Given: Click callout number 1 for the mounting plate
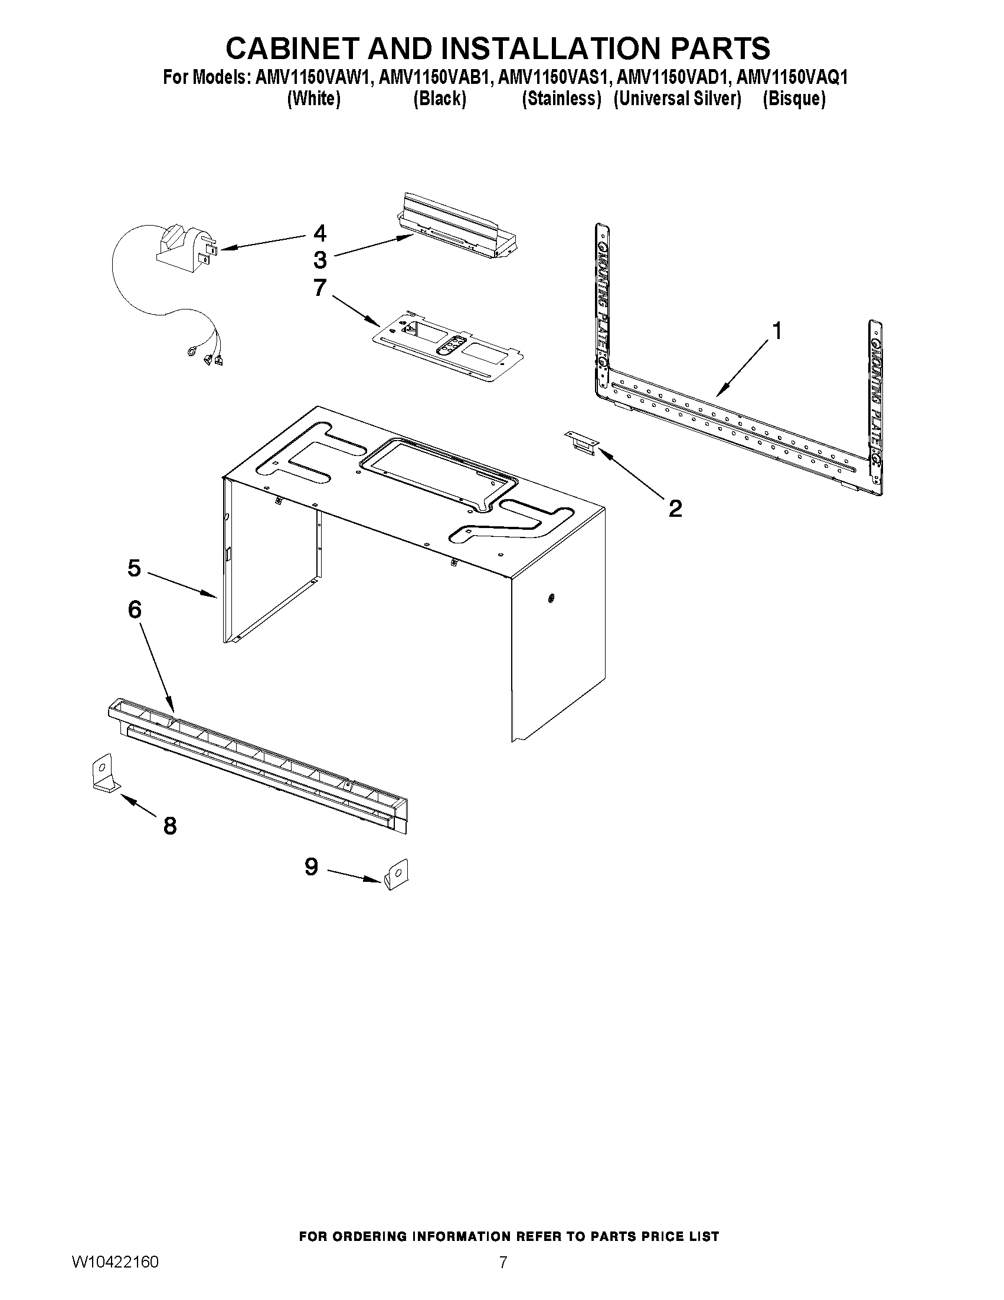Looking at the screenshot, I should point(777,330).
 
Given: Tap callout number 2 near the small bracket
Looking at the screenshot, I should point(675,509).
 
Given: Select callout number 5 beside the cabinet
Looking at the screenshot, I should point(135,568).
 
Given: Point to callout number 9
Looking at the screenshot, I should point(311,866).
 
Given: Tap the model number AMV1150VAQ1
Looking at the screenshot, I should point(792,77).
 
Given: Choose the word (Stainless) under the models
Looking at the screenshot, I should point(561,99).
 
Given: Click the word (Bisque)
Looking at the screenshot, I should point(794,99).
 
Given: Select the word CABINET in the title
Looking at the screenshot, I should point(293,48).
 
